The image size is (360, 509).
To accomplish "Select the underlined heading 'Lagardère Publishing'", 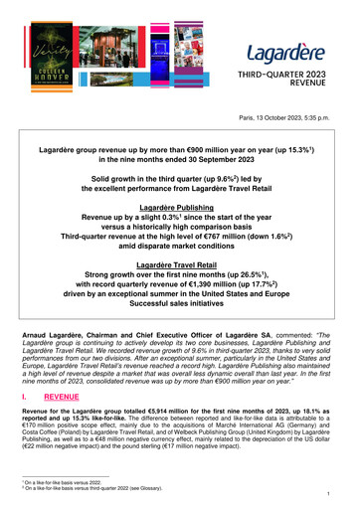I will [180, 226].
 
